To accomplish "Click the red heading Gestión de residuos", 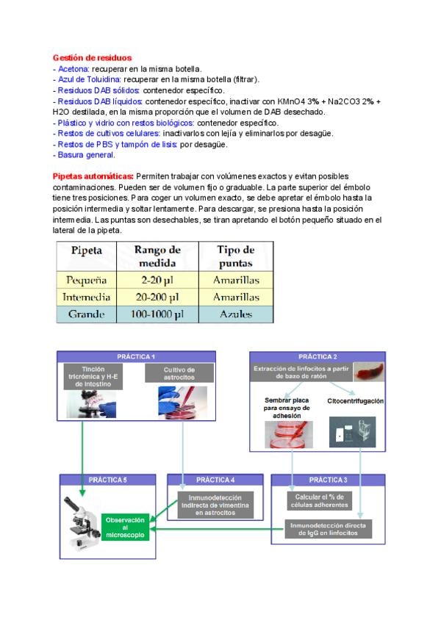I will (93, 57).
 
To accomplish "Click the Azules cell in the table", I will (236, 314).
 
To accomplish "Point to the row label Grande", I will (87, 314).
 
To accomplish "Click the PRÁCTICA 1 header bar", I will (137, 356).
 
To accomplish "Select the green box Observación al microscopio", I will (126, 528).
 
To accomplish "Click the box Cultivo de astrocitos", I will (180, 373).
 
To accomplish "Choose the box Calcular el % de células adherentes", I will (319, 501).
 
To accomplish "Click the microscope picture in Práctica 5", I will (81, 524).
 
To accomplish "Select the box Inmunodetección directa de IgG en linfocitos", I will (329, 529).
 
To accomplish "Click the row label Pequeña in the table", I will (87, 280).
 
